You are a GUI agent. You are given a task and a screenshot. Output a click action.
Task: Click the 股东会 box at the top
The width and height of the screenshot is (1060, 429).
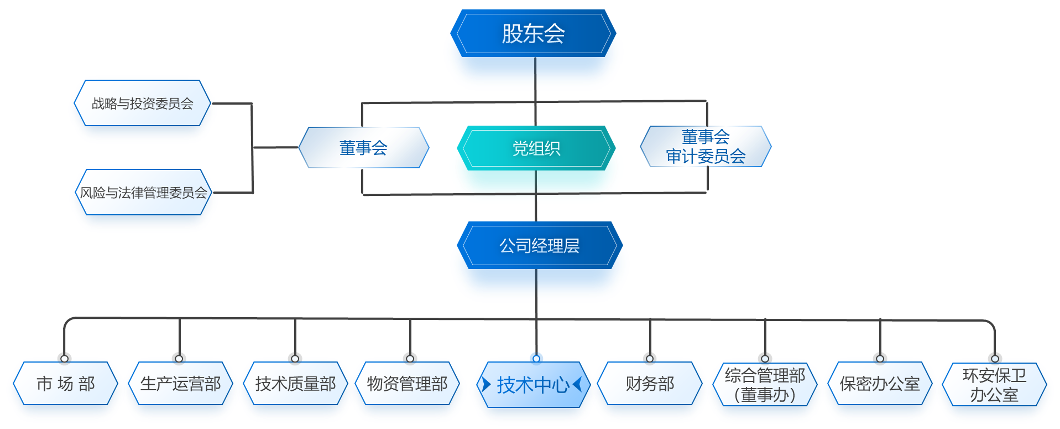coord(534,34)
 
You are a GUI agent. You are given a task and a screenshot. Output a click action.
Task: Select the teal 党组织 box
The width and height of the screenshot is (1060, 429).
coord(536,148)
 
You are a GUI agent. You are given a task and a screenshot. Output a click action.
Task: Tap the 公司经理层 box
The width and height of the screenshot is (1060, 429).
coord(539,246)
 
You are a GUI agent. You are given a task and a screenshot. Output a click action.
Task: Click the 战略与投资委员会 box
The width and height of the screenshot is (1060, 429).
coord(143,104)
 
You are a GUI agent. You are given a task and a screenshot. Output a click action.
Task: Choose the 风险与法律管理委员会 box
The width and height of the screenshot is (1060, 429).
coord(143,193)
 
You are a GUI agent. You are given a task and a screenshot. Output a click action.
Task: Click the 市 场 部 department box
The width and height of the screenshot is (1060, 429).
coord(65,384)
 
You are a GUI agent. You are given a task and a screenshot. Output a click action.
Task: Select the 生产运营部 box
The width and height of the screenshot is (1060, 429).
coord(180,384)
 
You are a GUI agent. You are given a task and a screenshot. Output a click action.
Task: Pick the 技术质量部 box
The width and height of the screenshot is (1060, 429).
coord(295,384)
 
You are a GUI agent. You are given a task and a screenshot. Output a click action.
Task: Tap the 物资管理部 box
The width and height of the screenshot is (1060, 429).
coord(408,384)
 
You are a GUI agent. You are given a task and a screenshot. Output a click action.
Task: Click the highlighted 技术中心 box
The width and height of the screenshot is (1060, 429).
coord(532,385)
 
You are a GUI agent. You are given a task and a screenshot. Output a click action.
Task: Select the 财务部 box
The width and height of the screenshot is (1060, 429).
coord(650,384)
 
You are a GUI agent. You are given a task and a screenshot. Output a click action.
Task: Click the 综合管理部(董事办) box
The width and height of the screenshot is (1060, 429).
coord(765,385)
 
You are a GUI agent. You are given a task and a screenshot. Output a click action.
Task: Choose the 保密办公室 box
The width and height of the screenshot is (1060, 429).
coord(879,384)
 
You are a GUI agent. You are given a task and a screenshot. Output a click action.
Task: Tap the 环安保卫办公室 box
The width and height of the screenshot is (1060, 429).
coord(994,385)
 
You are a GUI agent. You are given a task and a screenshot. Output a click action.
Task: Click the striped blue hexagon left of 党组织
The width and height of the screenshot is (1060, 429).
coord(363,147)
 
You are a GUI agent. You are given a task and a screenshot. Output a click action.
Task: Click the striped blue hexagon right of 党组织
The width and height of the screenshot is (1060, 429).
coord(705,147)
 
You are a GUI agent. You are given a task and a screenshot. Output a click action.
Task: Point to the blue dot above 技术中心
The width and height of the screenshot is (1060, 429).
coord(536,358)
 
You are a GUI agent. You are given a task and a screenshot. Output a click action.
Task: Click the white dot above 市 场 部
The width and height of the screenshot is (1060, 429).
coord(65,359)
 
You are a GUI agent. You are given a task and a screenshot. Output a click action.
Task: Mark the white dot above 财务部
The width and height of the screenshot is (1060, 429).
coord(650,359)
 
